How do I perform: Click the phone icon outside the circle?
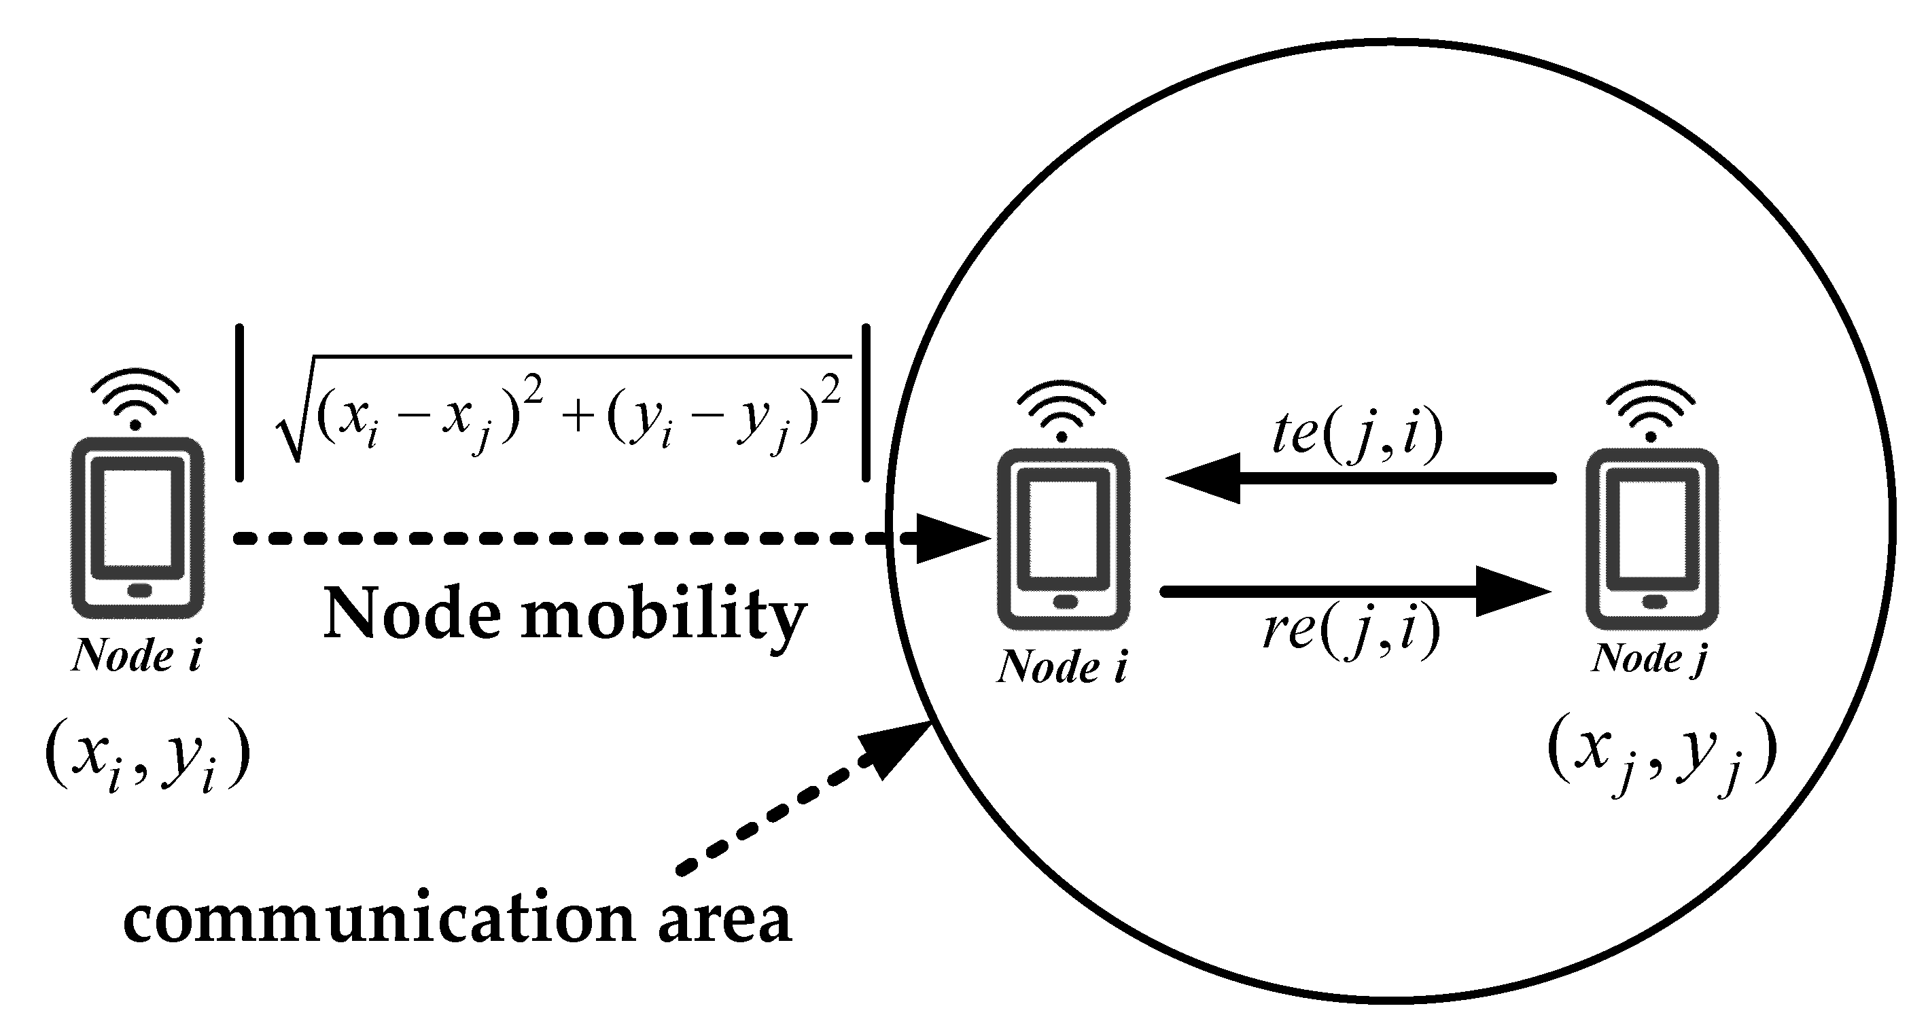point(137,527)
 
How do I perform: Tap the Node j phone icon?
point(1653,539)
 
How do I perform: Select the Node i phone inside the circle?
point(1064,539)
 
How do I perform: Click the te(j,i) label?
point(1357,435)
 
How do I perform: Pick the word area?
point(724,918)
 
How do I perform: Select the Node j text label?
point(1649,659)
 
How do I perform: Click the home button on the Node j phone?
point(1653,601)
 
